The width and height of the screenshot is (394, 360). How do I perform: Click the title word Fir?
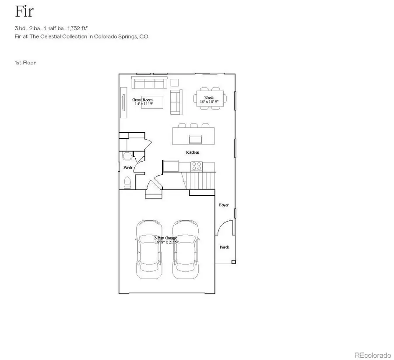(x=24, y=11)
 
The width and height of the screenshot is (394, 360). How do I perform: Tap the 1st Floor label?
(x=25, y=63)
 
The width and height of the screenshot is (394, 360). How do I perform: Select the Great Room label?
(x=143, y=100)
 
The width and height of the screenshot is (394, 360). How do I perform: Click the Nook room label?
(x=209, y=97)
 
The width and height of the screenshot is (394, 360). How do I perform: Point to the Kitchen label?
(x=193, y=152)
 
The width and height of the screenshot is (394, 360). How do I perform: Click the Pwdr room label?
(x=127, y=167)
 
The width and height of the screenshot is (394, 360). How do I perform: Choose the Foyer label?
(x=224, y=205)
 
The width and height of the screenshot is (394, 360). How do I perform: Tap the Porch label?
(x=225, y=247)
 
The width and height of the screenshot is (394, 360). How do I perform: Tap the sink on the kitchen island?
(x=195, y=139)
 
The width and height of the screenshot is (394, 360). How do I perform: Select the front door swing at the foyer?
(x=223, y=228)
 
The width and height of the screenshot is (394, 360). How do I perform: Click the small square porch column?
(x=233, y=262)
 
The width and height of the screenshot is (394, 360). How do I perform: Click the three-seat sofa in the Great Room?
(x=149, y=83)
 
